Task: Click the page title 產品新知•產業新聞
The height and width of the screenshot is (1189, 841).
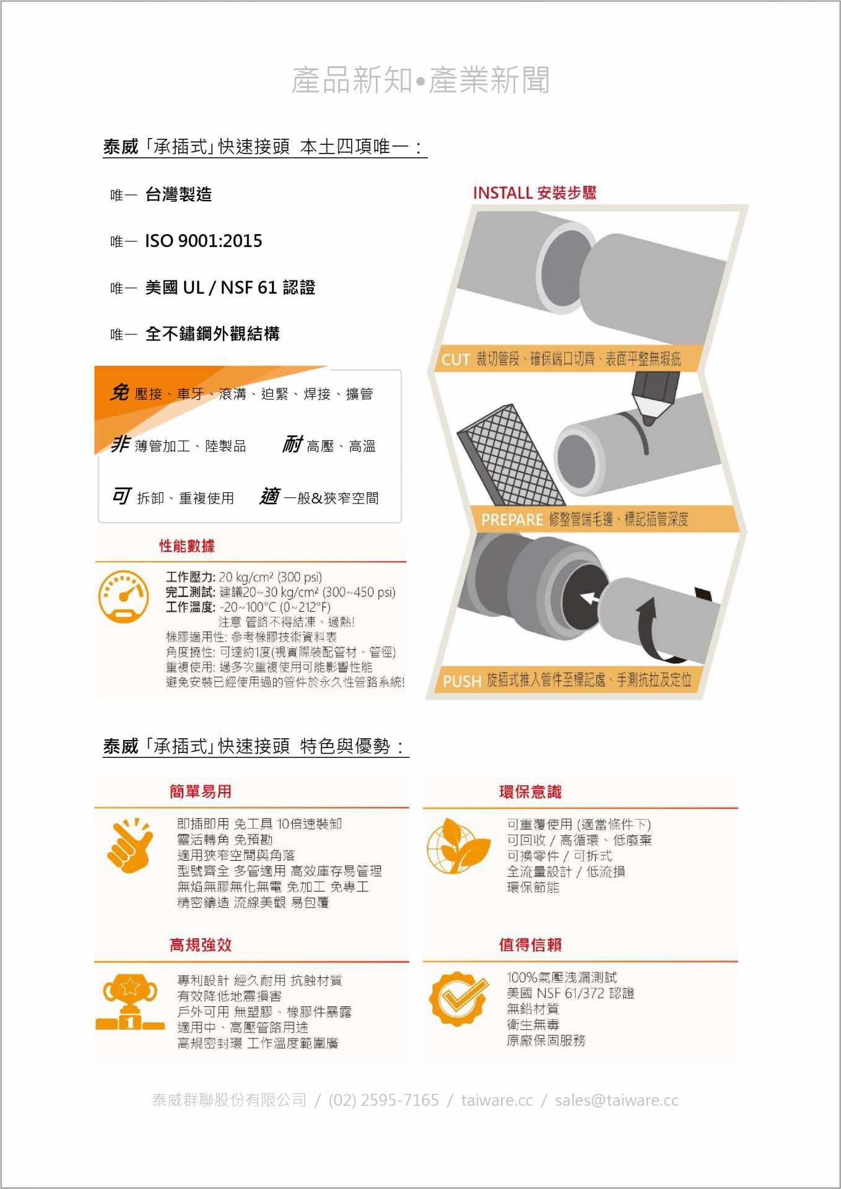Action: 420,81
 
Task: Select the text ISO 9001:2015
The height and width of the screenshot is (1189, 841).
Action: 204,241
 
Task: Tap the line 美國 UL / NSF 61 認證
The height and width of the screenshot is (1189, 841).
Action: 230,287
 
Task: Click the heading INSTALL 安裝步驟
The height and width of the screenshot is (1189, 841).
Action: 534,193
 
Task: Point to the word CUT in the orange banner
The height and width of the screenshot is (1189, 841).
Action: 455,359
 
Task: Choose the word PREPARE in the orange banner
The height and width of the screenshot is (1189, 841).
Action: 512,520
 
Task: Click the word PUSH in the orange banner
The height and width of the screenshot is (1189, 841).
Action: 462,681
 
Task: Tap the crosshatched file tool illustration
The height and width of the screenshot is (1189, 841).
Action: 511,455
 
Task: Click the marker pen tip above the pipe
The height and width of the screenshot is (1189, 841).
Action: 648,420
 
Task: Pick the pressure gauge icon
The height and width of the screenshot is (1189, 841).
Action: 123,597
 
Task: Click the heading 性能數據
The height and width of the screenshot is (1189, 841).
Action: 187,546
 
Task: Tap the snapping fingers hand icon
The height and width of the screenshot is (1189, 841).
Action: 129,845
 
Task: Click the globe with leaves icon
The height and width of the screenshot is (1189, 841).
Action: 458,846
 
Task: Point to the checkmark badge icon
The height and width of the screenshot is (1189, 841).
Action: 458,998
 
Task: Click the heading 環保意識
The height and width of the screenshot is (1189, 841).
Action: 530,792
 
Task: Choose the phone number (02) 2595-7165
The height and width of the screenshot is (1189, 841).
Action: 384,1100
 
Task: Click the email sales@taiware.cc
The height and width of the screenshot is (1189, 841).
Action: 617,1100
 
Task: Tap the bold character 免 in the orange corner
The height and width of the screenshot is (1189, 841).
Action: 120,393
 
